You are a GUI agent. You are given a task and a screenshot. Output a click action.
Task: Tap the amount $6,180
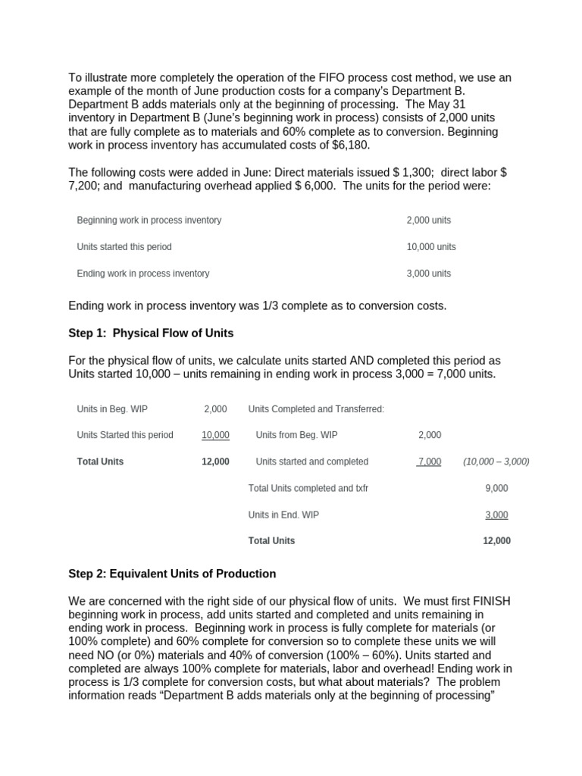point(348,145)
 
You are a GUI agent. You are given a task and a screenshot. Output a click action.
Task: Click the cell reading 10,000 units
point(431,247)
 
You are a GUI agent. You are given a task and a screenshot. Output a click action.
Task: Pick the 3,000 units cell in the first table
point(428,274)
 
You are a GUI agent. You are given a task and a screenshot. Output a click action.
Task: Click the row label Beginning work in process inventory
point(149,221)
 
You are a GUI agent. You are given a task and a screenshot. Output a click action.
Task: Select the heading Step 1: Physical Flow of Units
point(151,333)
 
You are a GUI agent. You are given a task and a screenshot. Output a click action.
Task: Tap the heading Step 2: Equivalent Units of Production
point(172,574)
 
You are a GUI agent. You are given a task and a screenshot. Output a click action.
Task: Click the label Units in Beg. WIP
point(112,409)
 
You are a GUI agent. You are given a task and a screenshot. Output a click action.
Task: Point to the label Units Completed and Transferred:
point(316,409)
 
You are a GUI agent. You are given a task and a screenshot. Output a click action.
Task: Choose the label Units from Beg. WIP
point(296,435)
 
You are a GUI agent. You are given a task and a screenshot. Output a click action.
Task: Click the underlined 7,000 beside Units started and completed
point(429,462)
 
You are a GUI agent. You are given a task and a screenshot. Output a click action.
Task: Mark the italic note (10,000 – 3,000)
point(496,462)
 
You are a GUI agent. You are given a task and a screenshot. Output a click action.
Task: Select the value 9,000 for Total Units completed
point(496,488)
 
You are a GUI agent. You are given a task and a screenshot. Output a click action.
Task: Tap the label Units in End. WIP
point(283,515)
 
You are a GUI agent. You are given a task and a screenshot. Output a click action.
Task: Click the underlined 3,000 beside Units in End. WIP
point(496,515)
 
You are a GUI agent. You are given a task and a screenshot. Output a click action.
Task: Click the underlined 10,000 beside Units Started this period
point(215,435)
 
